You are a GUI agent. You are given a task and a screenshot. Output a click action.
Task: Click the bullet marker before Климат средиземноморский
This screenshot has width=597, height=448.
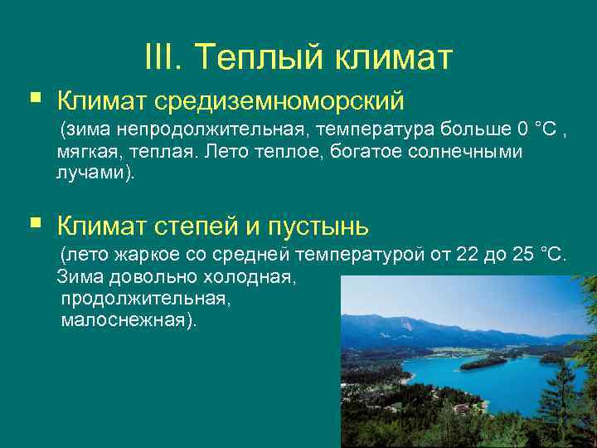point(35,100)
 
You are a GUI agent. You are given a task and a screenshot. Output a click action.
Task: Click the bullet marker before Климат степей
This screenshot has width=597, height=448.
point(35,223)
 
